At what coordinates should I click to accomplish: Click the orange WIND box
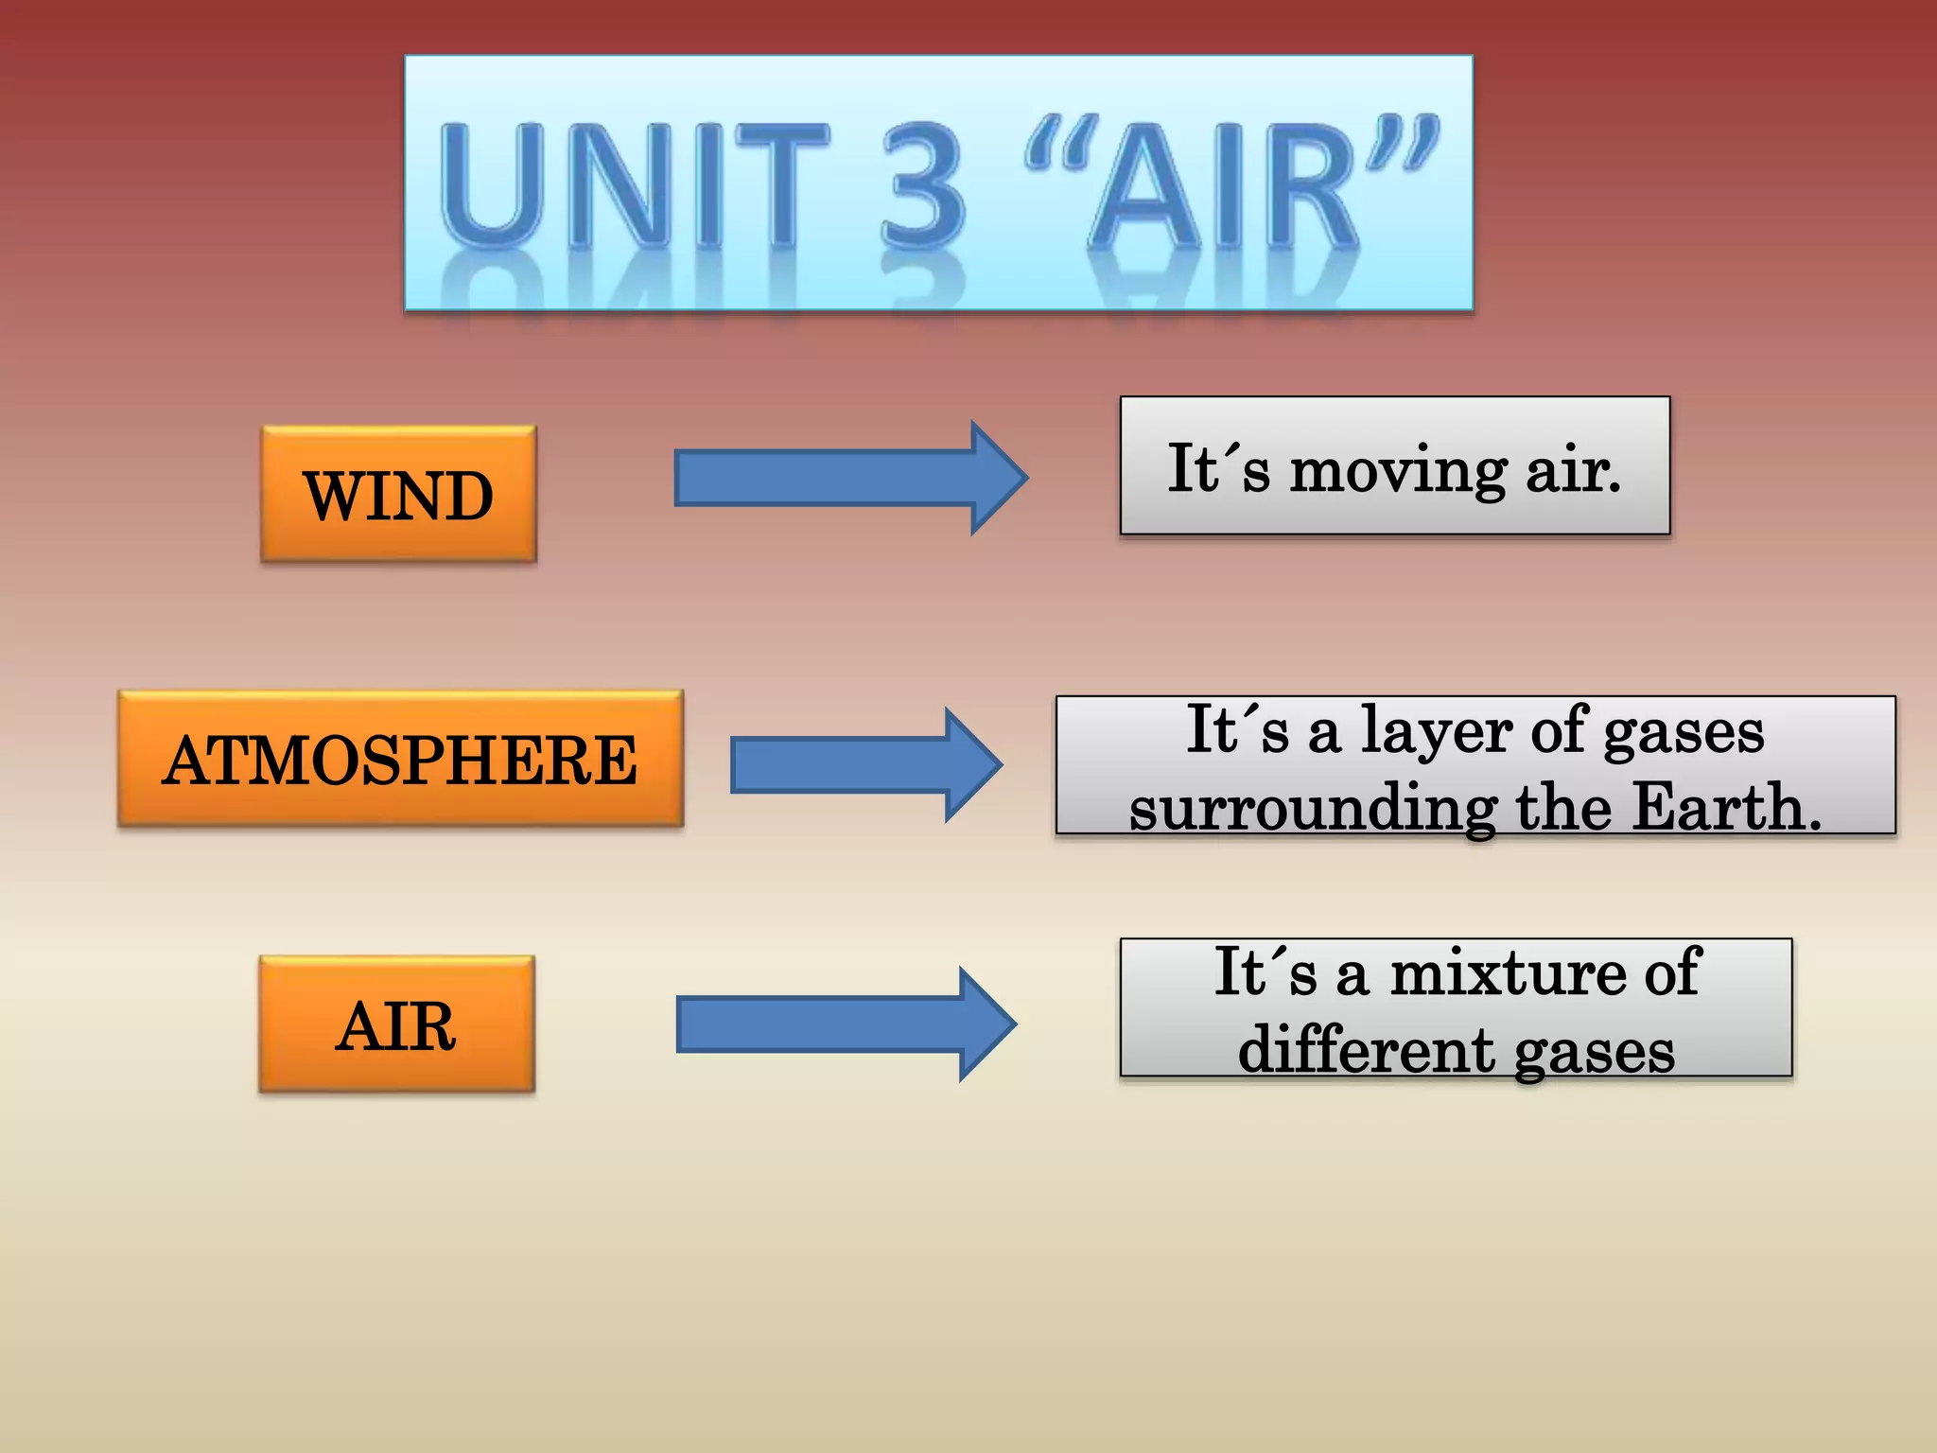(398, 495)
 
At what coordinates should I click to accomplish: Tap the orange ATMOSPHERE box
(400, 760)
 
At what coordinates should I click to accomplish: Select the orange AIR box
(396, 1025)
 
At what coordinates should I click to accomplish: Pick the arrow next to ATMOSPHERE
(864, 765)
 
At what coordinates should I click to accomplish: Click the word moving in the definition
(1399, 471)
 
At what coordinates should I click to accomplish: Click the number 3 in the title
(923, 184)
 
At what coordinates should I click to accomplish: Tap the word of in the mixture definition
(1672, 972)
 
